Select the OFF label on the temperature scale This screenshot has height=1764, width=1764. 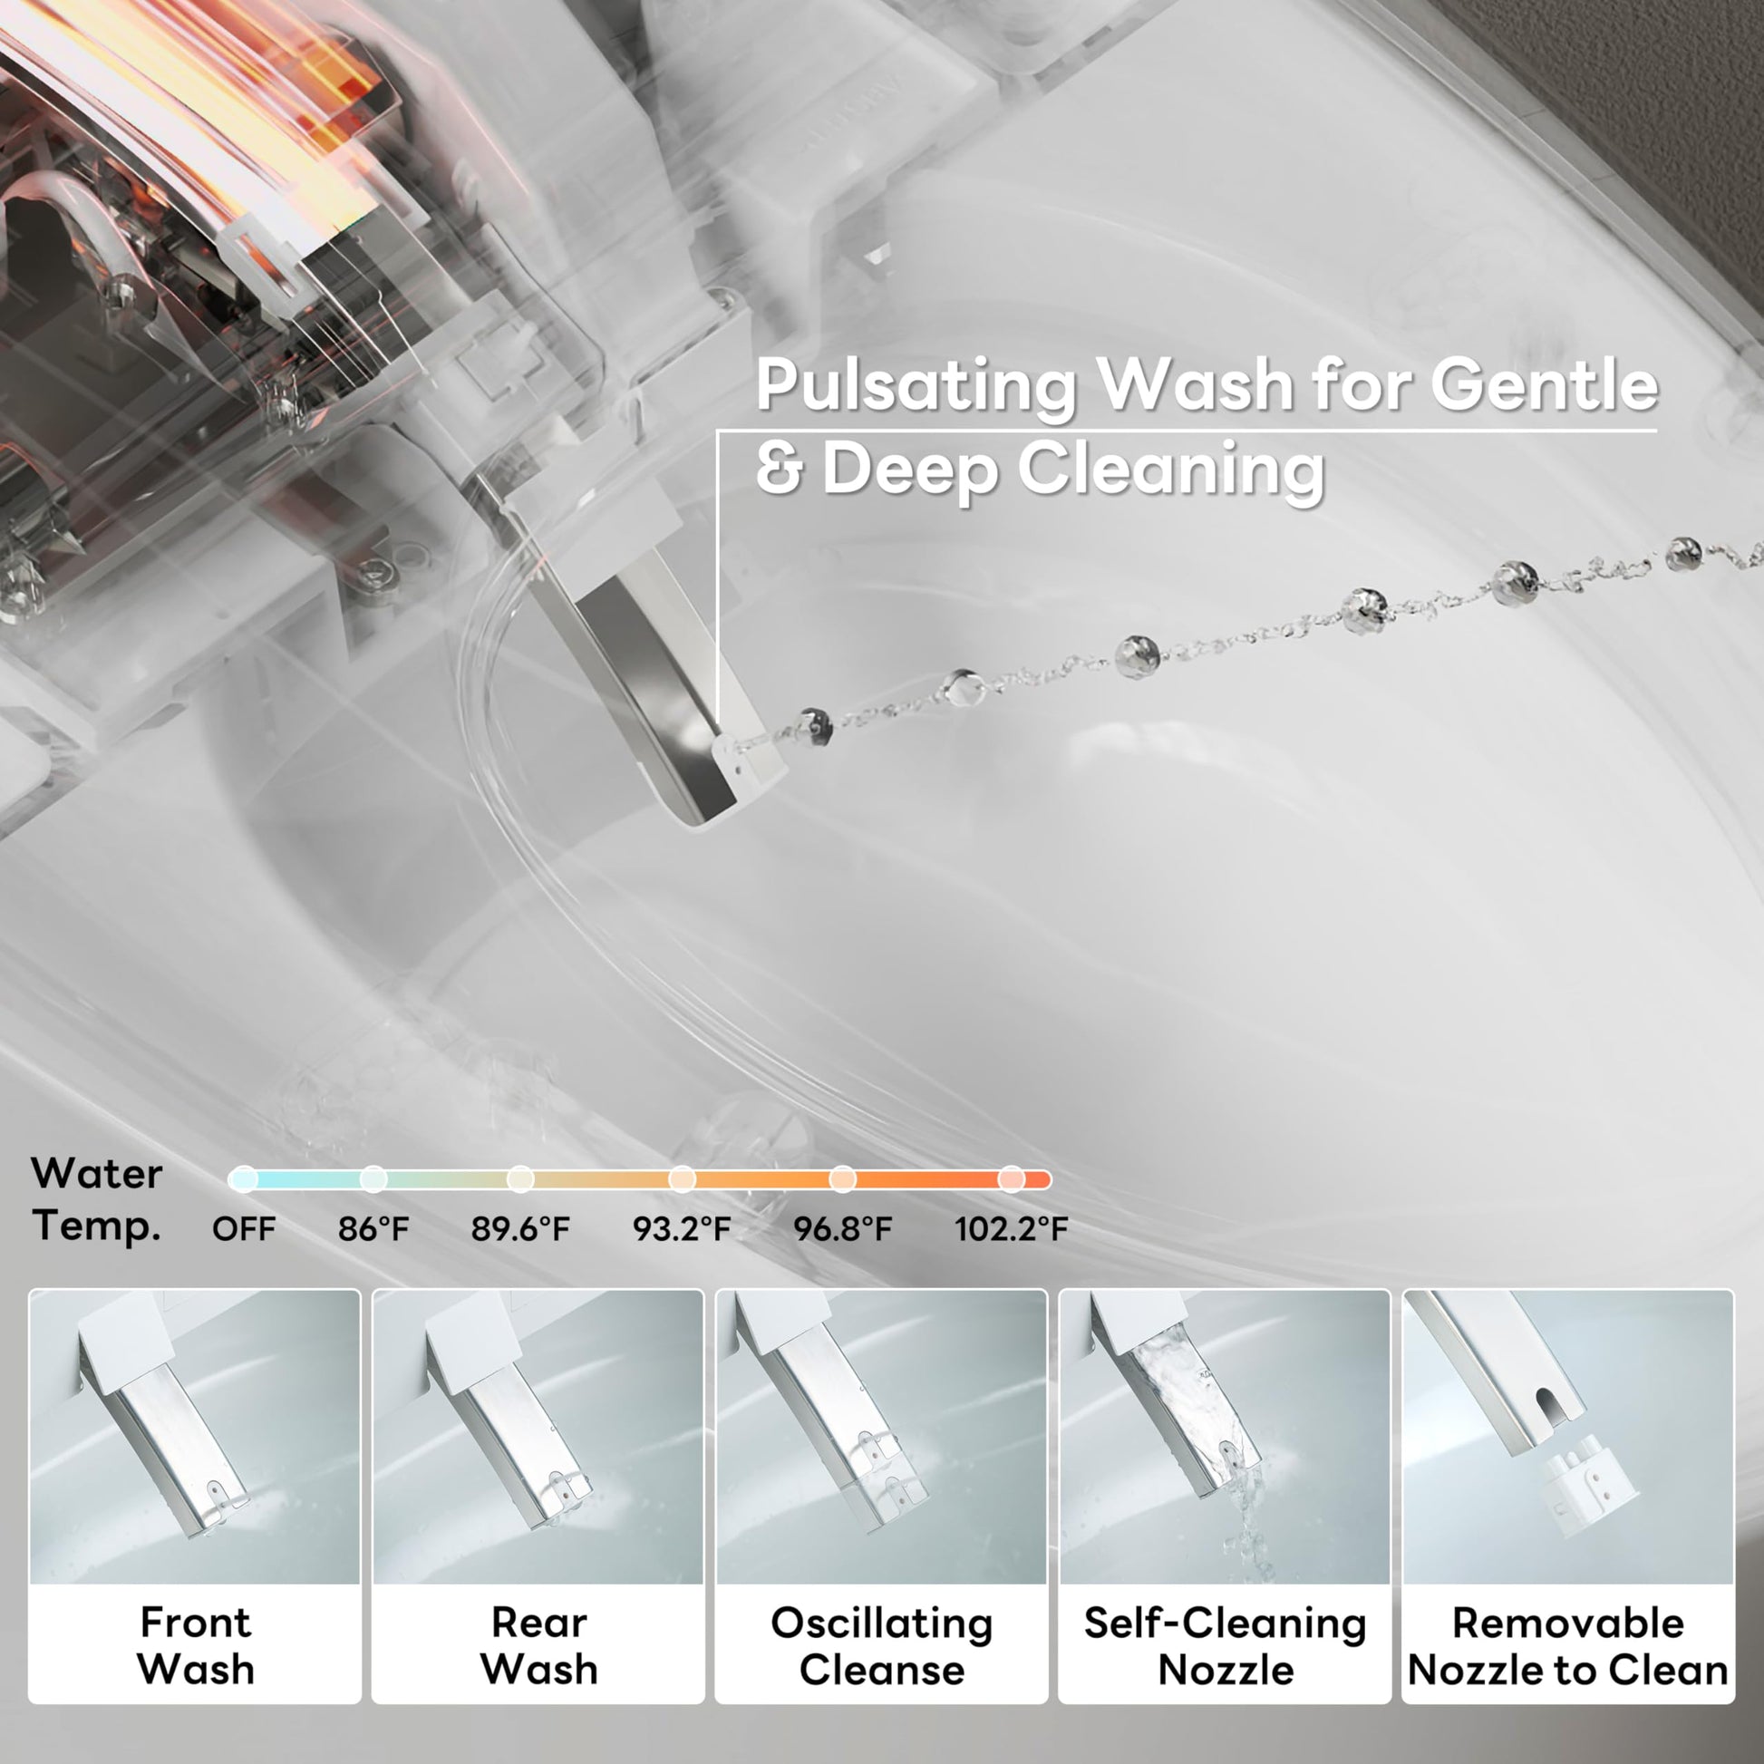click(x=243, y=1229)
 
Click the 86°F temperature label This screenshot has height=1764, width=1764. click(x=373, y=1229)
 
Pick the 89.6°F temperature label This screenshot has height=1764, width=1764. click(x=520, y=1229)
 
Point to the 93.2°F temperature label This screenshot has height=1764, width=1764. click(x=682, y=1229)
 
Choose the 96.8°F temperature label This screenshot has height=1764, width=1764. click(x=842, y=1229)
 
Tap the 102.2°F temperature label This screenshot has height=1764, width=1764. click(x=1012, y=1229)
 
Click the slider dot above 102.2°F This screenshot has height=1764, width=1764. click(x=1011, y=1179)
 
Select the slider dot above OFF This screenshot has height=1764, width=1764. click(x=243, y=1179)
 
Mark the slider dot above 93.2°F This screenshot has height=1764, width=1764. click(x=682, y=1179)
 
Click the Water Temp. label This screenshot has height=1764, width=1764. click(x=97, y=1199)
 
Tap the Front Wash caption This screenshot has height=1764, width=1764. click(x=196, y=1647)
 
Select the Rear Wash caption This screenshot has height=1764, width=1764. click(x=538, y=1647)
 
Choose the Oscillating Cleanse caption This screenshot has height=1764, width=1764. click(x=882, y=1647)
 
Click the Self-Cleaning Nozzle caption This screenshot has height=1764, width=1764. click(x=1226, y=1647)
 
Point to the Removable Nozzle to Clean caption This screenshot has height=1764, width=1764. click(x=1567, y=1647)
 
